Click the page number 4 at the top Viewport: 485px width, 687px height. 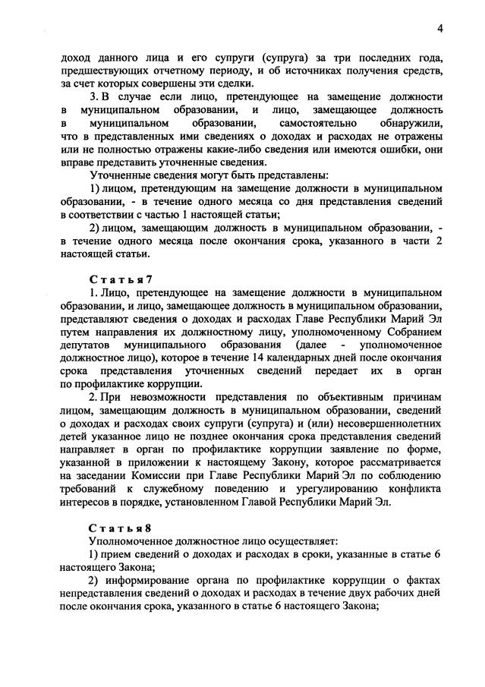(439, 29)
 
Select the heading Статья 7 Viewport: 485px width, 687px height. (121, 279)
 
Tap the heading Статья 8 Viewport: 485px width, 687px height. (121, 528)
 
